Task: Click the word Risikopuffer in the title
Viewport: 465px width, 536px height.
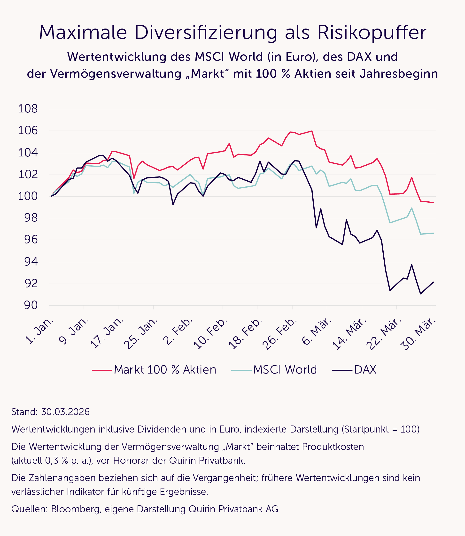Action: click(x=372, y=33)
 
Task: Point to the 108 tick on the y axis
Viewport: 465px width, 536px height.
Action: click(x=28, y=109)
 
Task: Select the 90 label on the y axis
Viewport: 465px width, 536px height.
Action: click(x=31, y=305)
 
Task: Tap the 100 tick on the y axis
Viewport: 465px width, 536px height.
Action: click(x=28, y=196)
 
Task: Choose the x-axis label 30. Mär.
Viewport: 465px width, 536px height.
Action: click(x=418, y=334)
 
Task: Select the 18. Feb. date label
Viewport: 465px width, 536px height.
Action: click(x=246, y=334)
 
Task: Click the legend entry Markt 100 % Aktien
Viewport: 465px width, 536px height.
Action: click(x=165, y=370)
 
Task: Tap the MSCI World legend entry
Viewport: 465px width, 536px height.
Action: click(x=285, y=370)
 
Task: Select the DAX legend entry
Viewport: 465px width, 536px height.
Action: click(x=365, y=370)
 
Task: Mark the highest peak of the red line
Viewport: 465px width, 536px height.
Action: click(x=312, y=131)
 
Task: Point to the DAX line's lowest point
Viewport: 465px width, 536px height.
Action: click(x=420, y=294)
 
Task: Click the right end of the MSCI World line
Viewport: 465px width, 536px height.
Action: click(x=434, y=233)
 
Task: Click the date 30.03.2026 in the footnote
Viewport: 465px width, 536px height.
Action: click(x=65, y=412)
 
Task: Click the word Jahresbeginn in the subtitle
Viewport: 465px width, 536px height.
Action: click(x=399, y=74)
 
